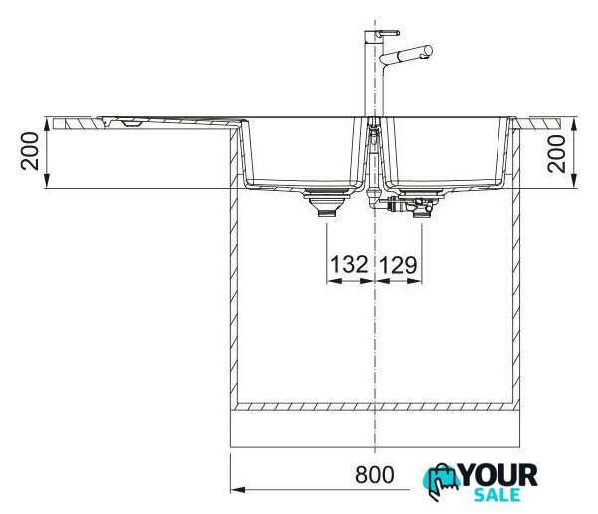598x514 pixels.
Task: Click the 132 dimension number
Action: pyautogui.click(x=349, y=265)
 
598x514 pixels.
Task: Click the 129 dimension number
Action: pyautogui.click(x=399, y=265)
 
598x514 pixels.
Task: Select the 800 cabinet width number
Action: pyautogui.click(x=375, y=475)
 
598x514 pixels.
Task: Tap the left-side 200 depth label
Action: pyautogui.click(x=30, y=151)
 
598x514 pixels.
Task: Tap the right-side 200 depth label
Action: pyautogui.click(x=556, y=153)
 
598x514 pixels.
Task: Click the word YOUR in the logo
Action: pyautogui.click(x=498, y=475)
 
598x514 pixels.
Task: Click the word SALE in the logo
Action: pyautogui.click(x=498, y=495)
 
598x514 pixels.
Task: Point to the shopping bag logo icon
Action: pyautogui.click(x=441, y=482)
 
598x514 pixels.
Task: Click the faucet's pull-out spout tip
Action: pyautogui.click(x=428, y=51)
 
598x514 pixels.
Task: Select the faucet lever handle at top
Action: pyautogui.click(x=388, y=33)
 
